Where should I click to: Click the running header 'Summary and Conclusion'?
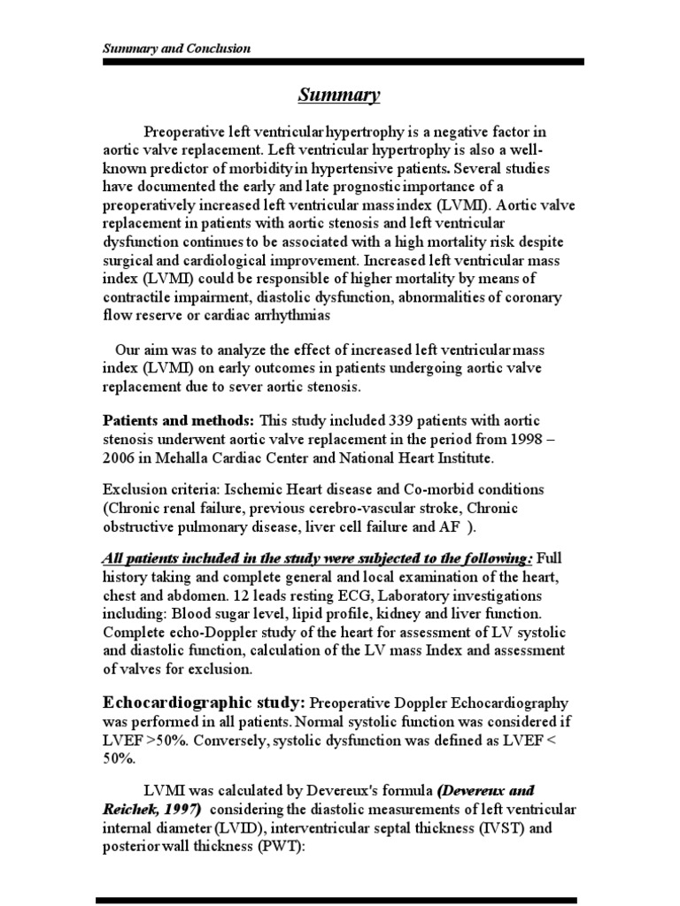click(x=174, y=49)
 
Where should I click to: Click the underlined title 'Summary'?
click(x=338, y=94)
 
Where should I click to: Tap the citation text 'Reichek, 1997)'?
click(x=153, y=810)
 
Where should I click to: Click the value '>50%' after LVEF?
click(x=158, y=743)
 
